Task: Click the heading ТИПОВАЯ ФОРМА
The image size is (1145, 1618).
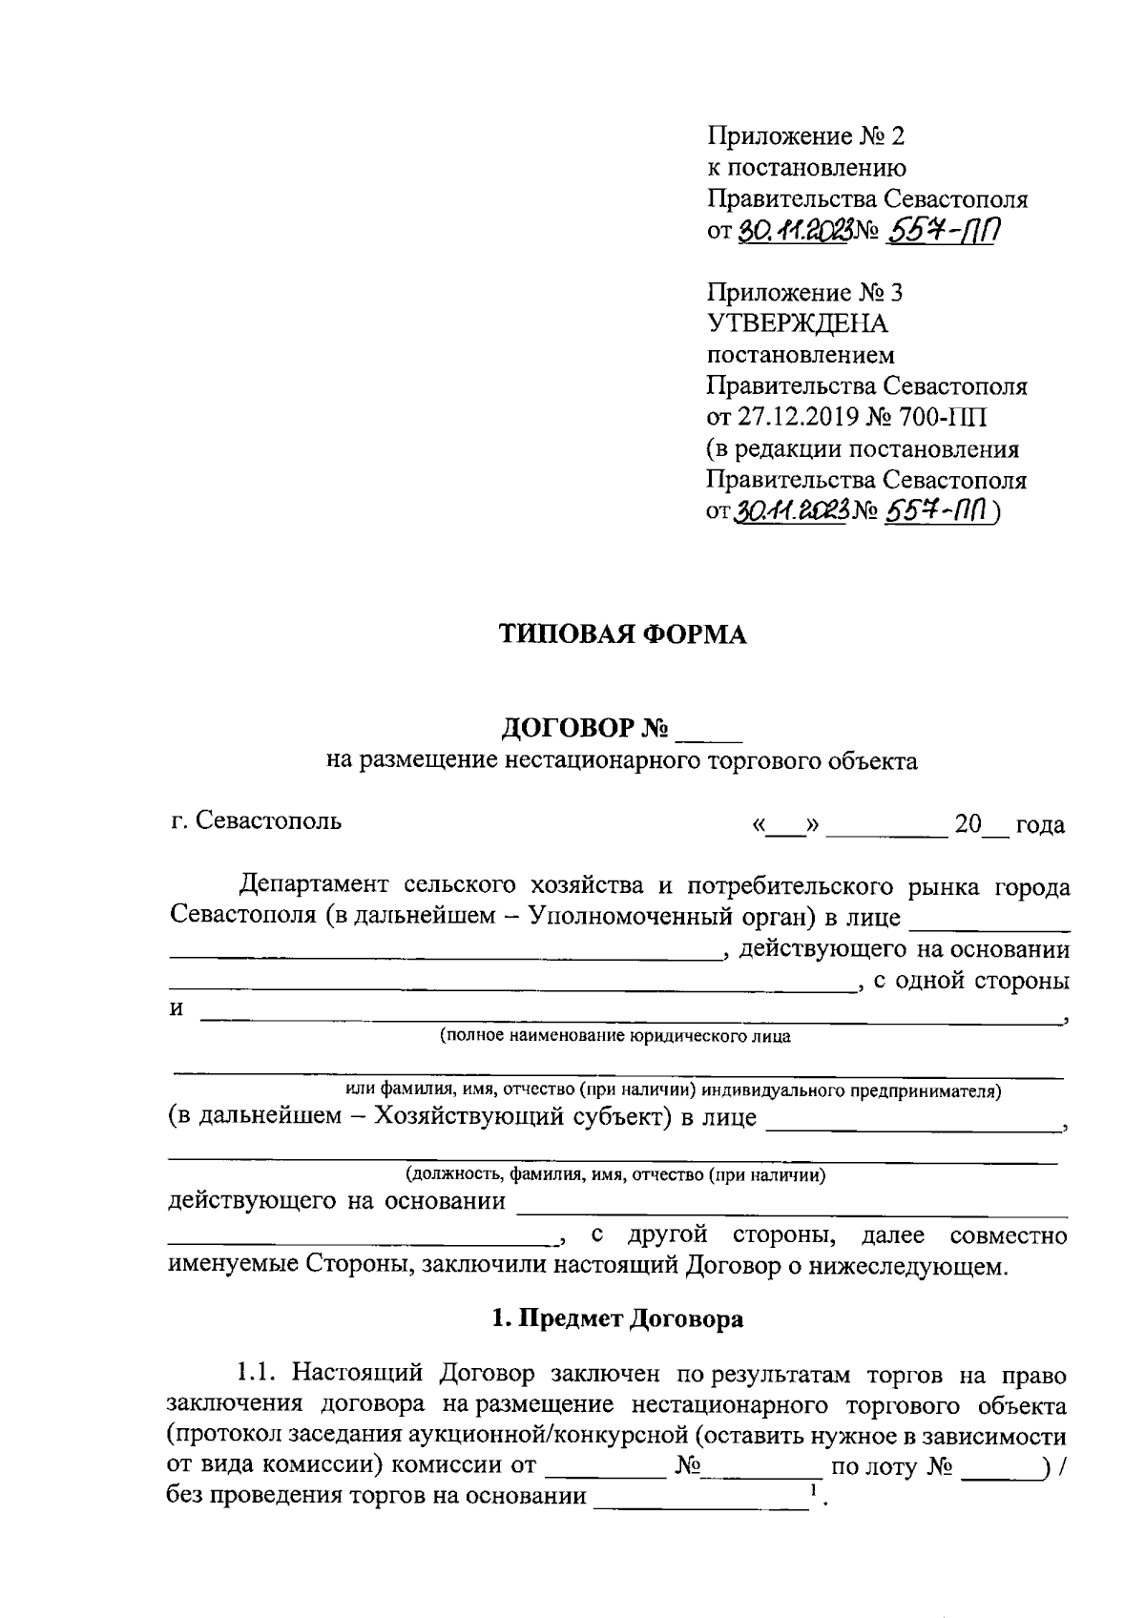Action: (x=623, y=635)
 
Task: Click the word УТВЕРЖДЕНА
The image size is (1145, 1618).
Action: (x=797, y=323)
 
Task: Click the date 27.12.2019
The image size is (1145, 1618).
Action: (x=799, y=418)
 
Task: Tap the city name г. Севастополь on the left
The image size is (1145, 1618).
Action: (x=256, y=820)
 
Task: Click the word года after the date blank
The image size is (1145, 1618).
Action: (x=1040, y=825)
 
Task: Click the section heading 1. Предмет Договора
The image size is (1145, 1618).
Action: (x=617, y=1319)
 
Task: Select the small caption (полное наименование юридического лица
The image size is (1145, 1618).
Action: (x=614, y=1036)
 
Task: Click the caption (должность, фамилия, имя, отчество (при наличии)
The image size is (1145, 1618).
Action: (x=614, y=1174)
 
